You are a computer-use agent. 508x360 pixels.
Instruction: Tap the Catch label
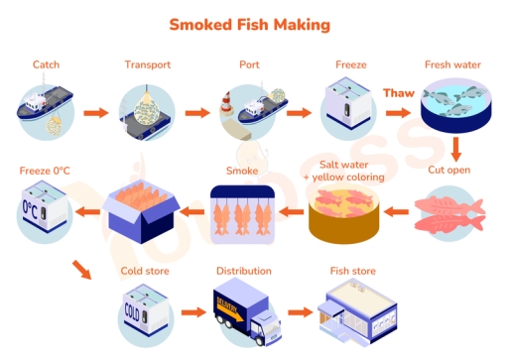coord(46,65)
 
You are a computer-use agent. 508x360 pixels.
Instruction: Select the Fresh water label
coord(453,65)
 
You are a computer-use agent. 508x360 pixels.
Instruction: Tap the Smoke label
coord(241,171)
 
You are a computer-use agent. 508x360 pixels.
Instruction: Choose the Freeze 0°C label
coord(45,171)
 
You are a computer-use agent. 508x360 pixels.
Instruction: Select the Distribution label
coord(243,270)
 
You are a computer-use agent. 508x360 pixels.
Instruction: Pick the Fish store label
coord(350,270)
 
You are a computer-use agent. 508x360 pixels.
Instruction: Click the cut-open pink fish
coord(448,209)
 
